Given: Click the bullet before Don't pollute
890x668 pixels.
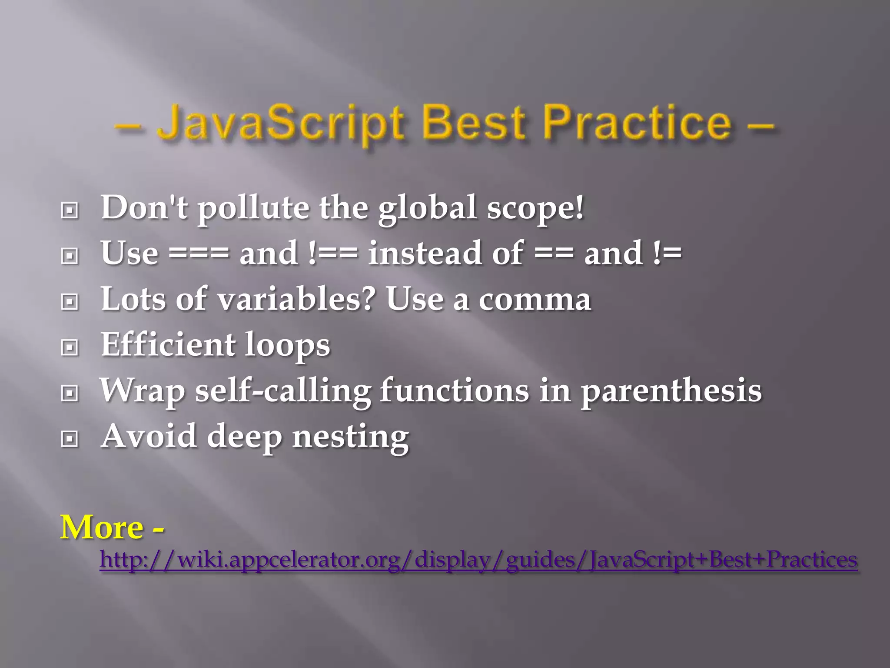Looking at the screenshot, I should [70, 211].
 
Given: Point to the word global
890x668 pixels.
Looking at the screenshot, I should [427, 207].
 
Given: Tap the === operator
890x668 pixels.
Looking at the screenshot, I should [199, 254].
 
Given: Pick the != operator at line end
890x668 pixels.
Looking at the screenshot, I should [667, 254].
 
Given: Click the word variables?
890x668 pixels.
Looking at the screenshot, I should [296, 300].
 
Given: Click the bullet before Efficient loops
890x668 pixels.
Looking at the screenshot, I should [70, 347].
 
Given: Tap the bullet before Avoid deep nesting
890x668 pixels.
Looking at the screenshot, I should [70, 439].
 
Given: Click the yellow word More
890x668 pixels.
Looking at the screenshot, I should [102, 528].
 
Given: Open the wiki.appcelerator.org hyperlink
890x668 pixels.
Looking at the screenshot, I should [478, 560].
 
